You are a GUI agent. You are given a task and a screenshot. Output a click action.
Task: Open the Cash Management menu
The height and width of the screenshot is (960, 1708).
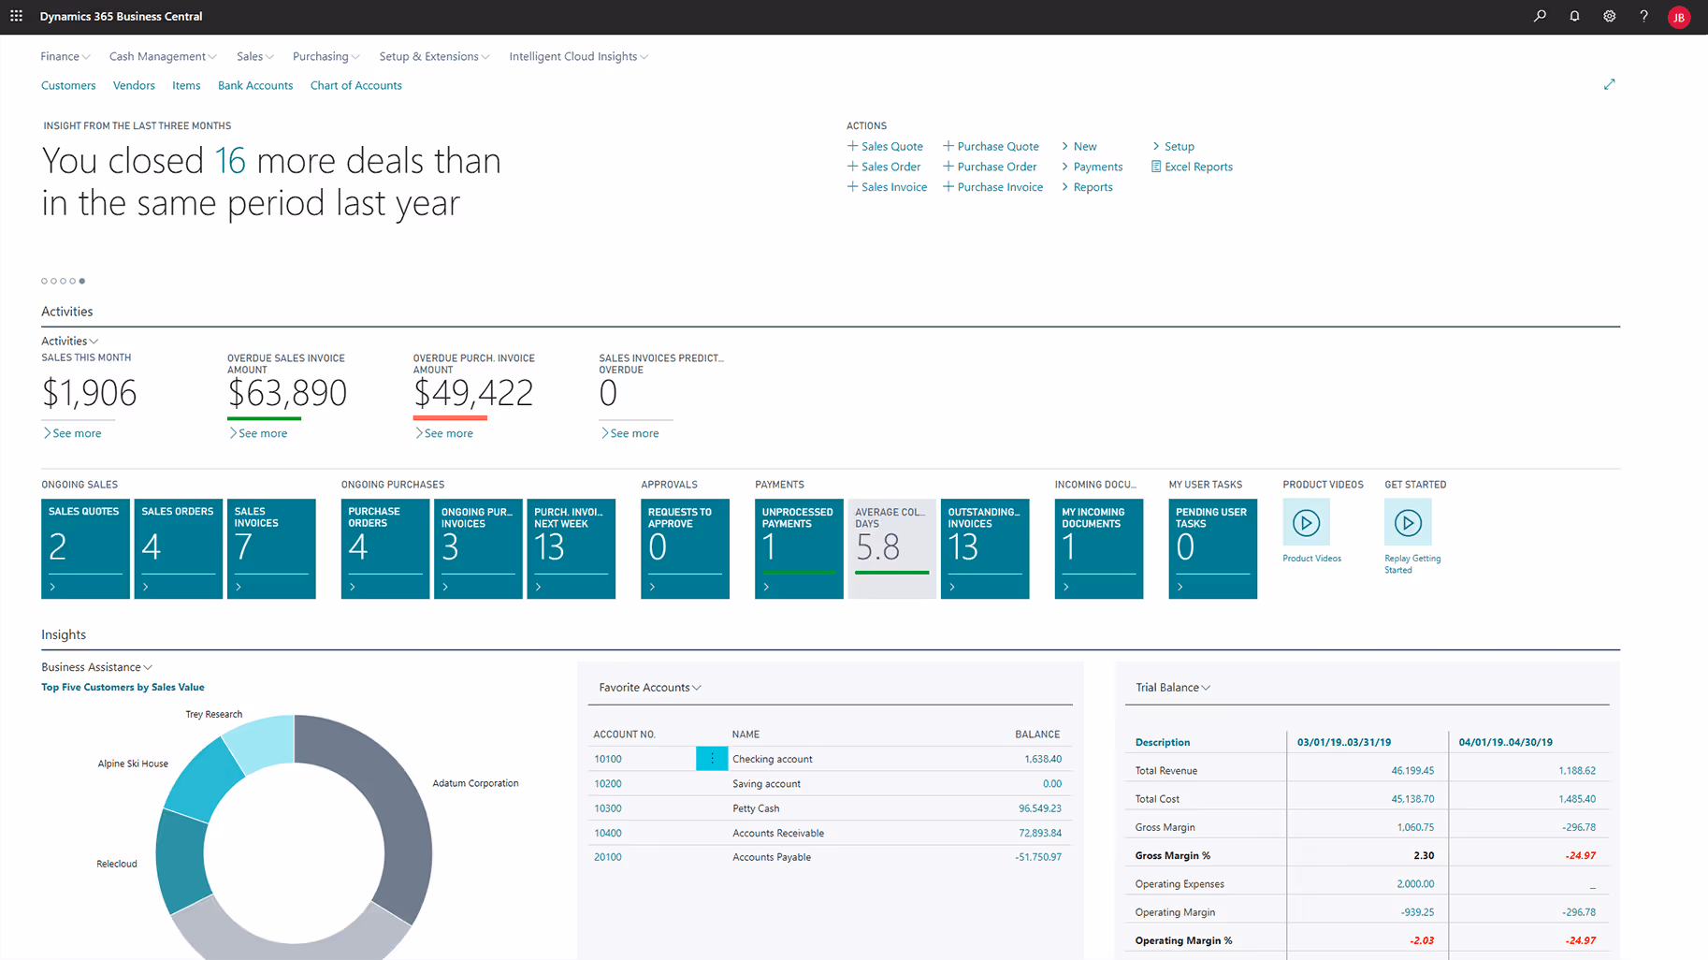pyautogui.click(x=162, y=57)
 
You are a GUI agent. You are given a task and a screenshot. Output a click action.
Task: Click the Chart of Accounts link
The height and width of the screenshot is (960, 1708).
pyautogui.click(x=355, y=85)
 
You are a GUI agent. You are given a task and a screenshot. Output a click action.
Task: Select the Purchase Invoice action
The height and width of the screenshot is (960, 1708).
pyautogui.click(x=999, y=187)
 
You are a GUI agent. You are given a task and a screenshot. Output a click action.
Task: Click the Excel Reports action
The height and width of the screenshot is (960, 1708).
pyautogui.click(x=1197, y=167)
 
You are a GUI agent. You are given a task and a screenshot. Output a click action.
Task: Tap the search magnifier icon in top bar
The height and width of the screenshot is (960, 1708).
pyautogui.click(x=1540, y=16)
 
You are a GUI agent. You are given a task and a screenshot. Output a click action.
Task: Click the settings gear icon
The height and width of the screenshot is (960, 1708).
pyautogui.click(x=1609, y=16)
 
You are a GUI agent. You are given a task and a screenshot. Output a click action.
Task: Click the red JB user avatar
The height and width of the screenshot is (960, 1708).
pyautogui.click(x=1679, y=17)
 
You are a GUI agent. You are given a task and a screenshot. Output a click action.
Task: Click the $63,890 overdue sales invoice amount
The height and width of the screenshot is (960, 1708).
pyautogui.click(x=287, y=393)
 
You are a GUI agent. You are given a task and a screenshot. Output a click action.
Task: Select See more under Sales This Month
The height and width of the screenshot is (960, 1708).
pyautogui.click(x=76, y=433)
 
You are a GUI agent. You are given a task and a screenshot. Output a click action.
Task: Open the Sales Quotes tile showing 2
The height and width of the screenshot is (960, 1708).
pyautogui.click(x=85, y=548)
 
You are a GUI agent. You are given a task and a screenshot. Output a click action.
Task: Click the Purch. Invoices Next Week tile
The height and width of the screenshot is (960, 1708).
pyautogui.click(x=571, y=548)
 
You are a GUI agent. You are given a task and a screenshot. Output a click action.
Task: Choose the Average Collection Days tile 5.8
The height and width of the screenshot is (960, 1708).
pyautogui.click(x=891, y=548)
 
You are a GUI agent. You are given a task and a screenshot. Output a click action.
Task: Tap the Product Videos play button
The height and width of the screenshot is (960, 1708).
pyautogui.click(x=1306, y=523)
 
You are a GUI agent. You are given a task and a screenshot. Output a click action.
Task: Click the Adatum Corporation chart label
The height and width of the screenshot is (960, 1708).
pyautogui.click(x=475, y=783)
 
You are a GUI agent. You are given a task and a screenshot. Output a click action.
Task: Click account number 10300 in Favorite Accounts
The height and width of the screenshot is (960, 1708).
pyautogui.click(x=608, y=808)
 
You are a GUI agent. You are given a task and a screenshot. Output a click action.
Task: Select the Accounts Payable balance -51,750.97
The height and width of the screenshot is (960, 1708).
pyautogui.click(x=1037, y=857)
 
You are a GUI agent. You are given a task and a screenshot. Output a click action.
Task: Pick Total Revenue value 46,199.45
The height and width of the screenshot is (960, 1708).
pyautogui.click(x=1411, y=771)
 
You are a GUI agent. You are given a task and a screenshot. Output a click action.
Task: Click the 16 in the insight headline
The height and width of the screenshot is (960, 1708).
pyautogui.click(x=230, y=162)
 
